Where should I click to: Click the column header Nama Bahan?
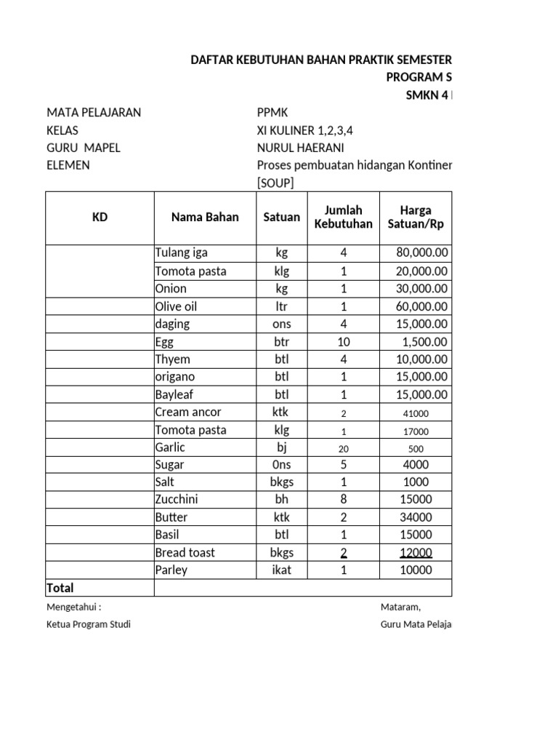pos(205,217)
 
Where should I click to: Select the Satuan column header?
pos(281,217)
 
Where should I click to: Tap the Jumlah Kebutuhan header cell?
pos(343,217)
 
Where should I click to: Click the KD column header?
pos(100,217)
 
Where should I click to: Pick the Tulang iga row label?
pos(181,253)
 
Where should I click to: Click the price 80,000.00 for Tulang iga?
pos(422,253)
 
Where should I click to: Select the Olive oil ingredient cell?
pos(176,306)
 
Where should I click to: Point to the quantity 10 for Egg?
pos(343,341)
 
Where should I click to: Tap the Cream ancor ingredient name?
pos(187,412)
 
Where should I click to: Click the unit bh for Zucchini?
pos(281,499)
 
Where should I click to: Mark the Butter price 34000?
pos(416,517)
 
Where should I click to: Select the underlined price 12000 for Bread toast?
pos(416,552)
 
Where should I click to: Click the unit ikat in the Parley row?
pos(281,570)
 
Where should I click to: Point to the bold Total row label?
pos(60,587)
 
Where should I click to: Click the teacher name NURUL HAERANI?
pos(296,148)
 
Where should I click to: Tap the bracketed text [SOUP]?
pos(275,183)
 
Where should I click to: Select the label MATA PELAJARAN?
pos(94,113)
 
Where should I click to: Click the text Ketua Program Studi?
pos(89,625)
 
